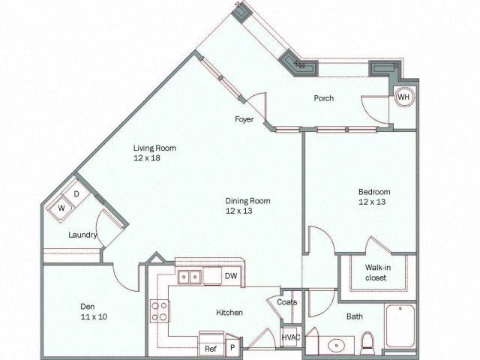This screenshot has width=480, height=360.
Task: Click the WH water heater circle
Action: point(403,97)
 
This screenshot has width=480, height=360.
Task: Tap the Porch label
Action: point(323,98)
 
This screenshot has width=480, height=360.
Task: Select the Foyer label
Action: point(244,119)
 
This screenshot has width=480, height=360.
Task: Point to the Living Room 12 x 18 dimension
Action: point(147,158)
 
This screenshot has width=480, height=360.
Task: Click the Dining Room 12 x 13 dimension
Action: point(238,211)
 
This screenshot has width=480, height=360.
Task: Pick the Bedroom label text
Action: point(374,192)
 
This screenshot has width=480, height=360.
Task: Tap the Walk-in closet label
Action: point(378,272)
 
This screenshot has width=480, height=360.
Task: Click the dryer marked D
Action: point(76,193)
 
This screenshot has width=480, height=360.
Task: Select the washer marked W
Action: point(61,208)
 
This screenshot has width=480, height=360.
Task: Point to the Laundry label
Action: point(82,235)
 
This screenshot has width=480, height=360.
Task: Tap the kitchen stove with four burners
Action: point(160,310)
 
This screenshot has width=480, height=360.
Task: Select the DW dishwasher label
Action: point(231,276)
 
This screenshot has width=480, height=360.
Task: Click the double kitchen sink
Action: point(189,277)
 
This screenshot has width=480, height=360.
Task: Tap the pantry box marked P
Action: point(233,345)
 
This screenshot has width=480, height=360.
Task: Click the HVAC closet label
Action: point(291,337)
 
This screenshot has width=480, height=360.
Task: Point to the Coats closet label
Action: point(286,302)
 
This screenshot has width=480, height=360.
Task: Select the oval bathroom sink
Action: point(337,346)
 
